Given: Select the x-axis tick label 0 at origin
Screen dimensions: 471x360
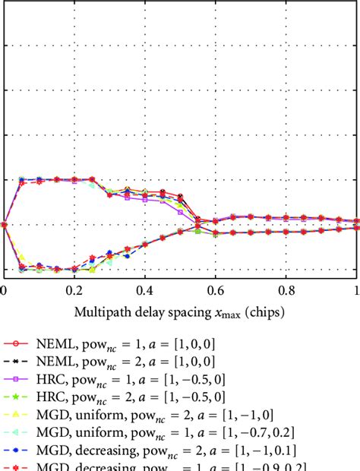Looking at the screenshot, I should tap(4, 289).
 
